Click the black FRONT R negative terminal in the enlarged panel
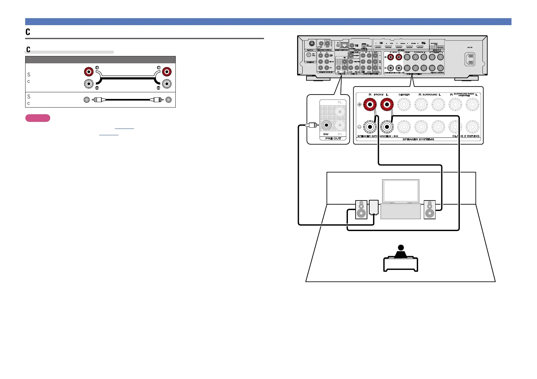click(370, 127)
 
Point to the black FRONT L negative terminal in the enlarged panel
click(387, 127)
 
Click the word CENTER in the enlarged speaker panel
click(404, 95)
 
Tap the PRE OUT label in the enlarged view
click(333, 138)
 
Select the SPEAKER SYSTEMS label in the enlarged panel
click(418, 139)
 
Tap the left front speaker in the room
click(361, 209)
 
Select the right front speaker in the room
click(430, 209)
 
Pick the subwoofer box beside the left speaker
click(373, 207)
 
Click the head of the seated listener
click(401, 248)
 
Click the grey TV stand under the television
click(401, 212)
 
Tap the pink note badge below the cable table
click(38, 118)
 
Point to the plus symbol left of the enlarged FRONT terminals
click(359, 104)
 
